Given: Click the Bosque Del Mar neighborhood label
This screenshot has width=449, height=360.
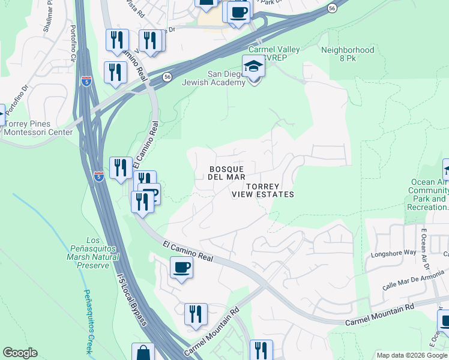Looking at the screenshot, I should point(226,173).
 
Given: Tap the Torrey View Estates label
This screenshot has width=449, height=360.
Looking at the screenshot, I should point(263,190).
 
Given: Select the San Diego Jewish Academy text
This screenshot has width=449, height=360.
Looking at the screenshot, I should point(226,78).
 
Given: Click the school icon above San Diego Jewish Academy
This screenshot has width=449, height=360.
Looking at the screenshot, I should point(253,67).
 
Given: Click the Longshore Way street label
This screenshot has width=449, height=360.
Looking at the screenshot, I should point(393,253).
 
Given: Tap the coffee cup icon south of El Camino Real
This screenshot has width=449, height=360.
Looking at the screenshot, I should point(181,268).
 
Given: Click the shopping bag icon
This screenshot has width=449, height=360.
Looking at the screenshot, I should point(143,352).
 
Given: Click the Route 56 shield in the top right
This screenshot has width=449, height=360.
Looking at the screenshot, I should point(332,8).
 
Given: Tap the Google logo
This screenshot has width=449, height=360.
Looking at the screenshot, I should point(20,353).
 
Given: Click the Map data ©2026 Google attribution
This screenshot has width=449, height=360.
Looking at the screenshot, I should point(411,355).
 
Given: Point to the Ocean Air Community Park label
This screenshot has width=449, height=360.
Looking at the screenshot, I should point(430,194).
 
